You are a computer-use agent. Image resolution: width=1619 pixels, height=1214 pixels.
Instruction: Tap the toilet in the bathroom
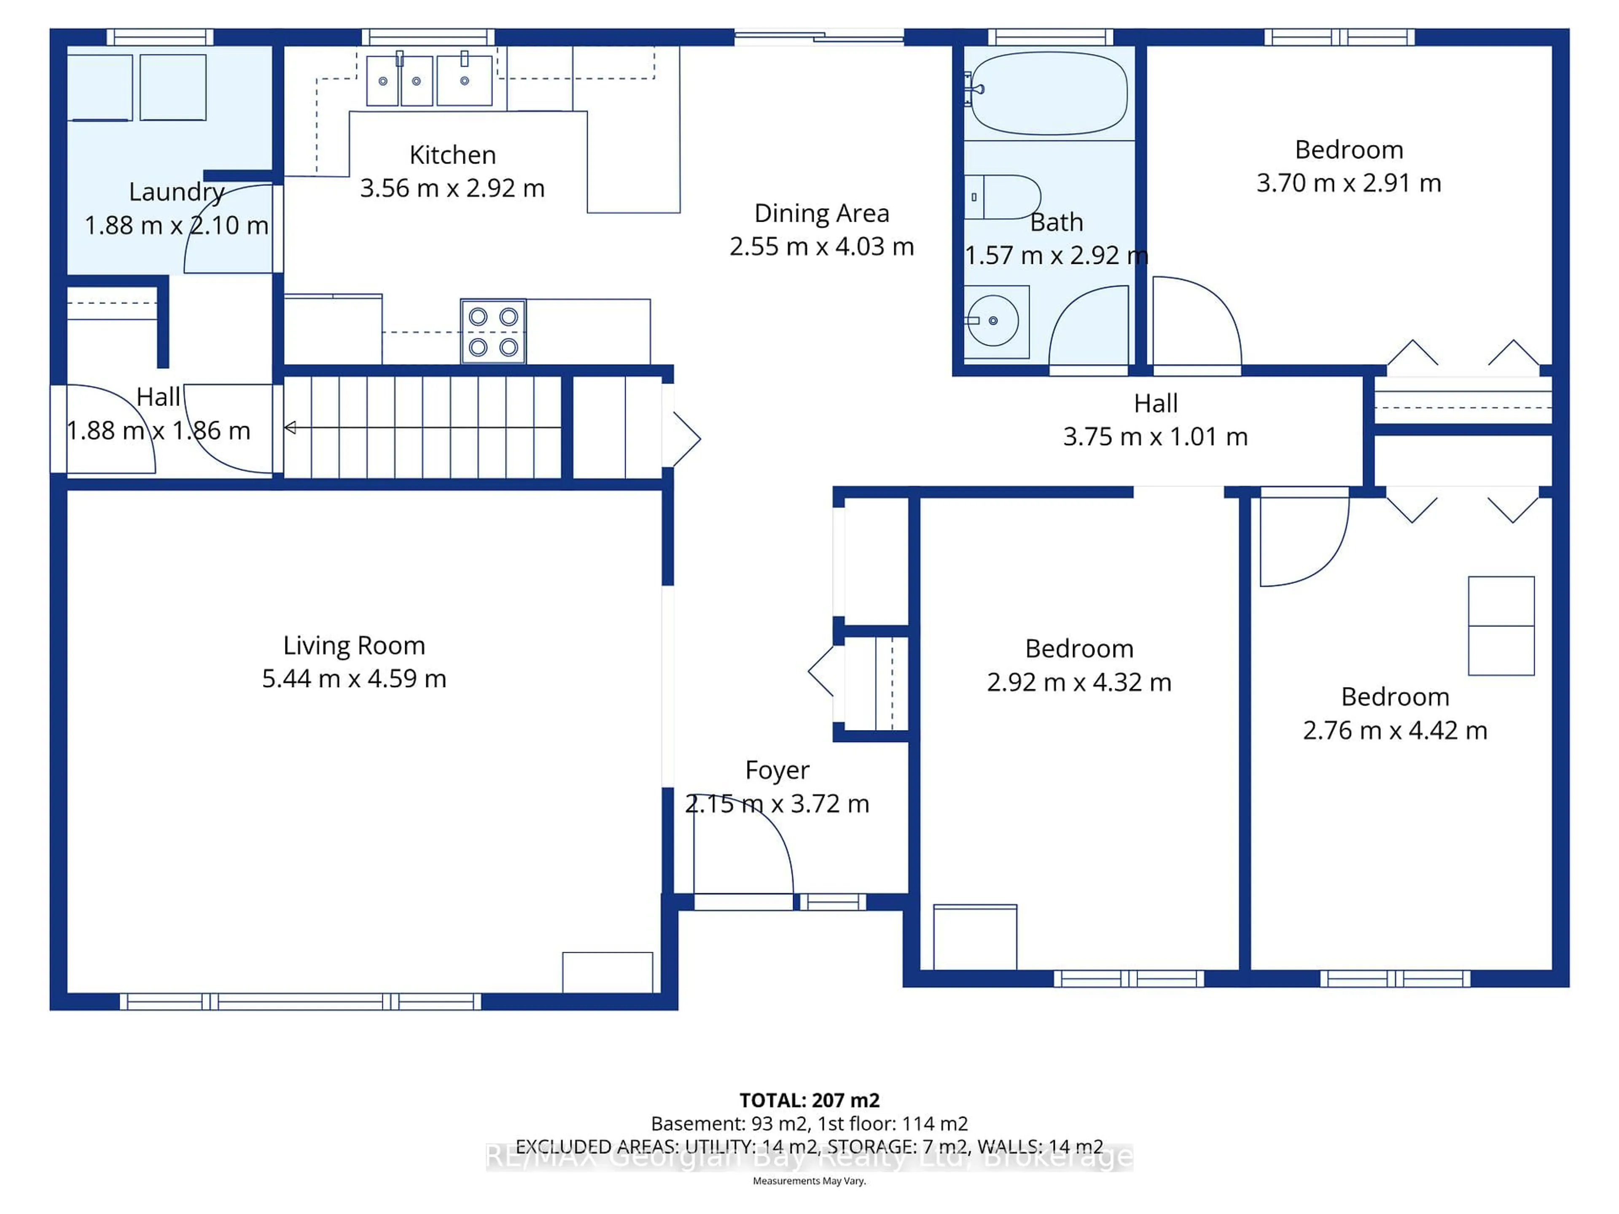click(1003, 197)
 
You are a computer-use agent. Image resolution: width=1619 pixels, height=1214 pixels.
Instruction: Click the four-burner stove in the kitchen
click(493, 331)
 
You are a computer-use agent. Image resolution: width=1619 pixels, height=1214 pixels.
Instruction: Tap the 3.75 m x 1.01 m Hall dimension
click(1155, 437)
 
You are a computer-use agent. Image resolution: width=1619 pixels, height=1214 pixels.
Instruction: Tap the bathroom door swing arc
click(1088, 326)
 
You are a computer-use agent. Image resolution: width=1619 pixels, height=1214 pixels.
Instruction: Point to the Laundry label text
click(176, 192)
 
